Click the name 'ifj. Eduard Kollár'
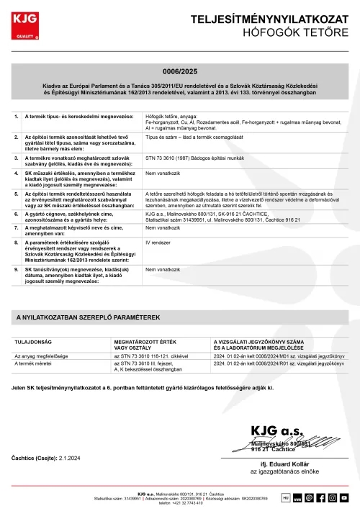tap(284, 464)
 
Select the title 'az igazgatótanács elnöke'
tap(284, 472)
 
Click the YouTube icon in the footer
tap(344, 497)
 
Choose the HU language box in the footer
tap(285, 497)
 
